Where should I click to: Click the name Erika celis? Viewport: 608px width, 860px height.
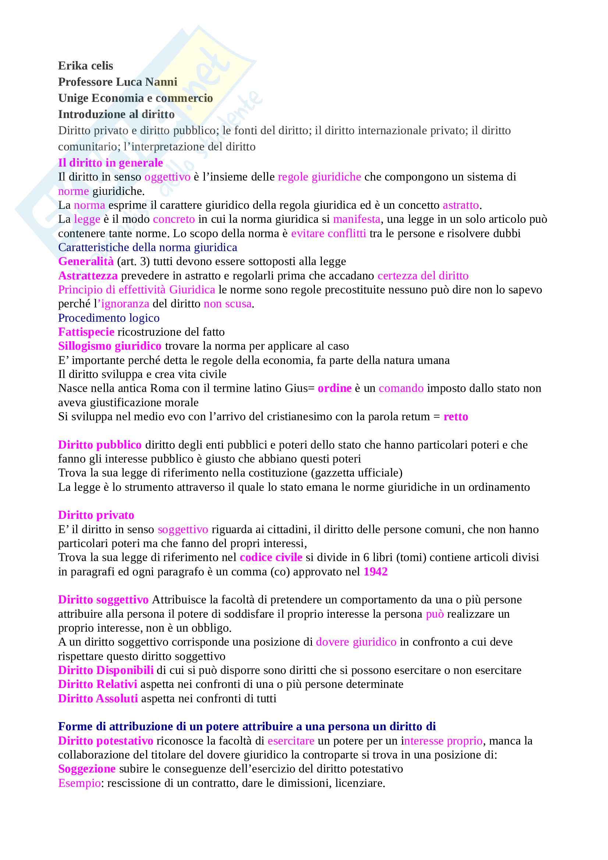(85, 66)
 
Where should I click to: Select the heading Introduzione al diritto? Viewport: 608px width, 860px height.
(116, 114)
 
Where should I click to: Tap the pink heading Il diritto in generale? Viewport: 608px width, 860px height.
(110, 163)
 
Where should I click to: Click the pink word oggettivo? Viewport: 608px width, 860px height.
(167, 177)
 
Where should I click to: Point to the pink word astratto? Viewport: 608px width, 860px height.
(461, 205)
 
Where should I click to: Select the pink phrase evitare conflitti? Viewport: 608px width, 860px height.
(328, 233)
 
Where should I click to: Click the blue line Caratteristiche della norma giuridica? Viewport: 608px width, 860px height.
(147, 247)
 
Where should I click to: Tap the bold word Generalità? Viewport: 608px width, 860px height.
(86, 261)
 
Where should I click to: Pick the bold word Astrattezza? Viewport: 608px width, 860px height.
(88, 276)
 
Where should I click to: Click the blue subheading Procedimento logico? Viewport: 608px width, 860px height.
(109, 318)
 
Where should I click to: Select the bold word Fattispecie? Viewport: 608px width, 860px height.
(86, 332)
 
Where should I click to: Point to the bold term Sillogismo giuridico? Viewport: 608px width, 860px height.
(110, 346)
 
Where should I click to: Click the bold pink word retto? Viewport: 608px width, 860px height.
(455, 417)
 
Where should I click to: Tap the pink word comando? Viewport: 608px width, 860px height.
(401, 388)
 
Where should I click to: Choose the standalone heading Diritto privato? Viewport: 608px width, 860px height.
(96, 515)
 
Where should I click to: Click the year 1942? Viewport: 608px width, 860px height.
(376, 572)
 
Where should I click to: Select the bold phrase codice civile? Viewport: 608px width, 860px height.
(271, 558)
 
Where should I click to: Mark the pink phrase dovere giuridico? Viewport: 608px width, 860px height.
(356, 642)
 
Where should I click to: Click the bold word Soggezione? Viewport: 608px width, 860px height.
(86, 769)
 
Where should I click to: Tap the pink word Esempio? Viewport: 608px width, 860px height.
(79, 784)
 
